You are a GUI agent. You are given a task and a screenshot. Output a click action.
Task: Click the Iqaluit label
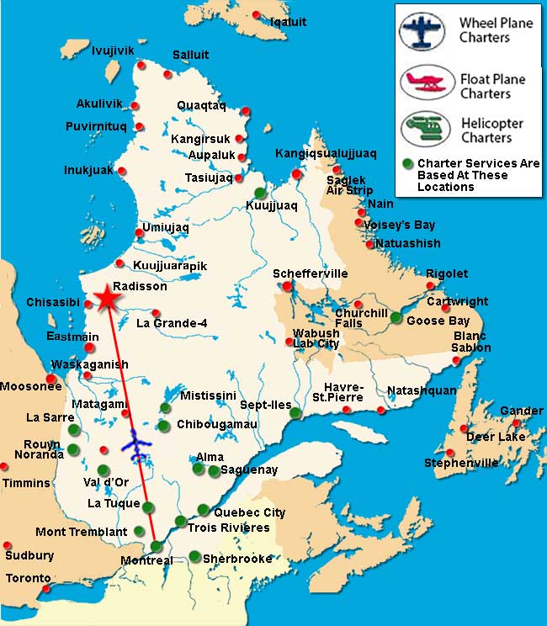click(x=288, y=21)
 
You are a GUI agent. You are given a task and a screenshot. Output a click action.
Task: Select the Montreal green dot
click(x=157, y=547)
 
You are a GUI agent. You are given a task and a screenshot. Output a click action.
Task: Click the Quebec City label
click(x=250, y=512)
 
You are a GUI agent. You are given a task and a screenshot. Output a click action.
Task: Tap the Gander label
click(x=522, y=411)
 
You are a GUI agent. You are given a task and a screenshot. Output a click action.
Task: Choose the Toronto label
click(x=29, y=578)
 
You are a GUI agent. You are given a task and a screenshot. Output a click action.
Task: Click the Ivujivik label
click(x=113, y=50)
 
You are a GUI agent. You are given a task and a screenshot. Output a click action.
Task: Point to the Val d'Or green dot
click(x=104, y=470)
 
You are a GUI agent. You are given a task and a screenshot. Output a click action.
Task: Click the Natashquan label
click(x=421, y=390)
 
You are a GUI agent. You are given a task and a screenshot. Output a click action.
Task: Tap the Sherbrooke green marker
click(x=195, y=556)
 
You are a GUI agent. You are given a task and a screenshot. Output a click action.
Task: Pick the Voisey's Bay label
click(x=399, y=225)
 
